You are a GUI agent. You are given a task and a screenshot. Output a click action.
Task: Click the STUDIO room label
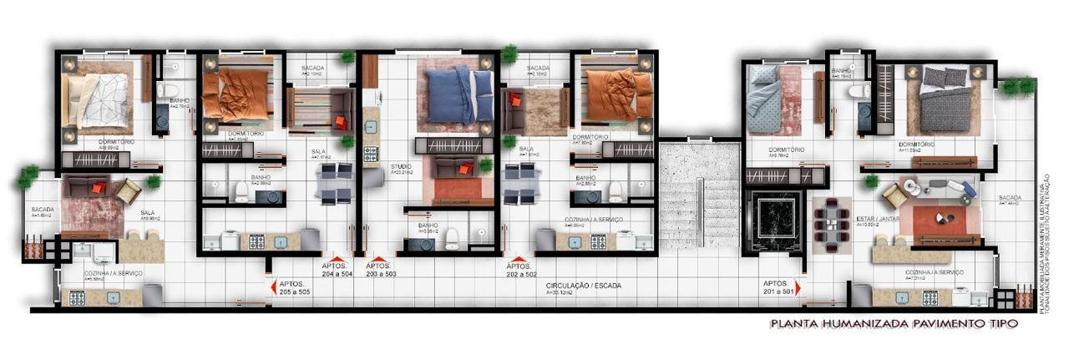tap(401, 168)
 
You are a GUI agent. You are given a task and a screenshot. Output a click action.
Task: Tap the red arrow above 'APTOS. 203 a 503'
tap(379, 260)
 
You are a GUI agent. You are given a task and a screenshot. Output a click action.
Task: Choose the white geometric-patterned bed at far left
tap(99, 100)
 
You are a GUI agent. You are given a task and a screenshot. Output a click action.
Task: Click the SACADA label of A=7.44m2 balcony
tap(1011, 198)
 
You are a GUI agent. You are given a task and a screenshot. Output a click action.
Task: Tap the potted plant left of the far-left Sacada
tap(28, 175)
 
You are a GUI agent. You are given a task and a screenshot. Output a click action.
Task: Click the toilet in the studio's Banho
tap(453, 237)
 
